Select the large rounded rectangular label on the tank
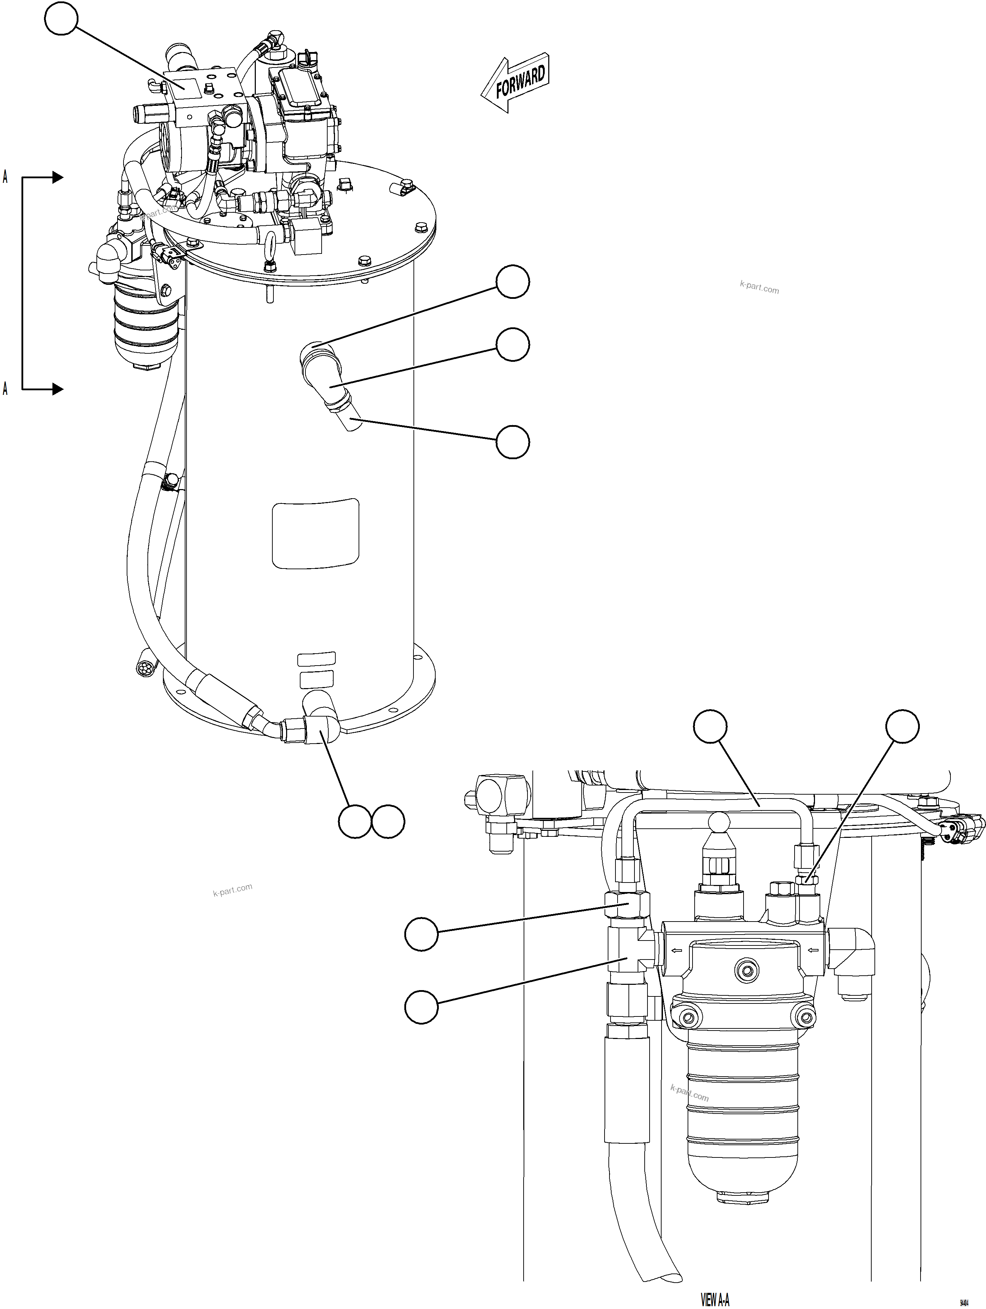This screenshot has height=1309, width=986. point(315,533)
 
